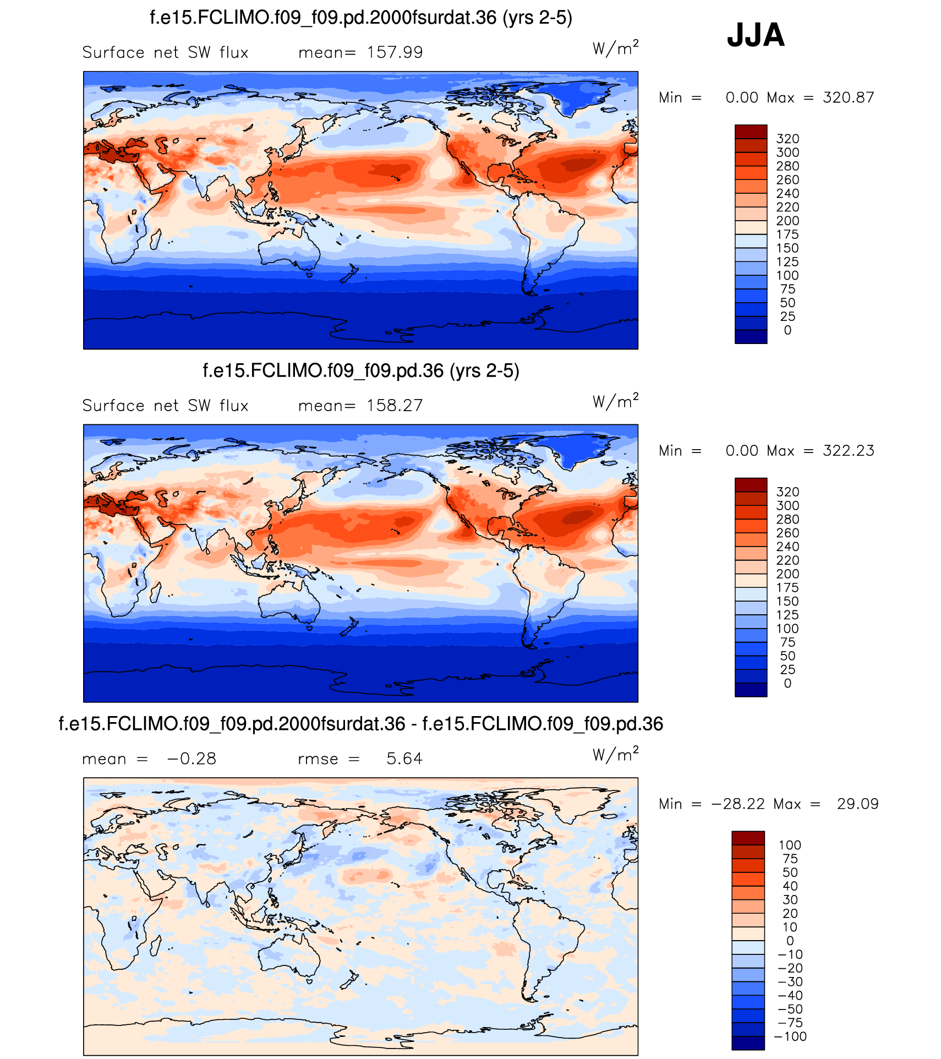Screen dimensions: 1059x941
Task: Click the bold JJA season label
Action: [756, 35]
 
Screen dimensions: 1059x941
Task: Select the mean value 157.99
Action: [395, 53]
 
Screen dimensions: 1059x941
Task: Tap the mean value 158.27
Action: [395, 406]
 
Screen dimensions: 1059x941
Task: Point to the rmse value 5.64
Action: [404, 759]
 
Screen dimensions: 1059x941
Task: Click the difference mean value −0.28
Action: [192, 759]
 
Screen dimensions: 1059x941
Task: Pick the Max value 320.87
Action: [848, 98]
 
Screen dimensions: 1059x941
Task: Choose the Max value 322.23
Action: [848, 451]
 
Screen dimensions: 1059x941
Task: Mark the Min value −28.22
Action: [738, 804]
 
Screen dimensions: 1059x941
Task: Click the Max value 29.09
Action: [857, 804]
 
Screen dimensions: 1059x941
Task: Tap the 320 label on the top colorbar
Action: [787, 139]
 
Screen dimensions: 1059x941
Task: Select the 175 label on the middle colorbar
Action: [787, 588]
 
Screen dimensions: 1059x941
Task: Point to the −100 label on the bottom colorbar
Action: [790, 1037]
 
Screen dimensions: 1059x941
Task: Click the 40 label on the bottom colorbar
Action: [790, 886]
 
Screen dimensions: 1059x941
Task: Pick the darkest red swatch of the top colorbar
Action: [751, 132]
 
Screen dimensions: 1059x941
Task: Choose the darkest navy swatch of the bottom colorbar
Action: [748, 1043]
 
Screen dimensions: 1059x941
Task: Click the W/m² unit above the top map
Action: [615, 48]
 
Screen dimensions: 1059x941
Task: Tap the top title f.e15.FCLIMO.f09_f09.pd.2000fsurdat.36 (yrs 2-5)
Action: [361, 18]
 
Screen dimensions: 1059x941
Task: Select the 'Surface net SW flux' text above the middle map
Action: [165, 406]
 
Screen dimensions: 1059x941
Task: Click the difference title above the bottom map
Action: [361, 724]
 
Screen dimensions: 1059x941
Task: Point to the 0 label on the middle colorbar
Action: [787, 684]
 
